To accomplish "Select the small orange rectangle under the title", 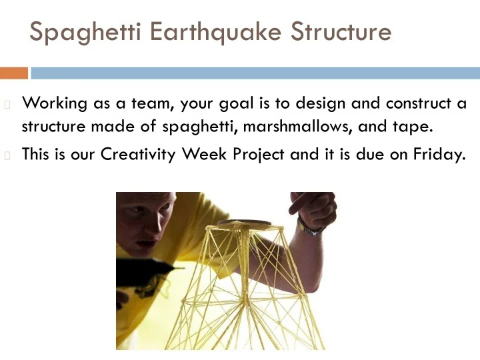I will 14,73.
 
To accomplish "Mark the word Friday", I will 437,155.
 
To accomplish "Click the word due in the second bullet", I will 378,155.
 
